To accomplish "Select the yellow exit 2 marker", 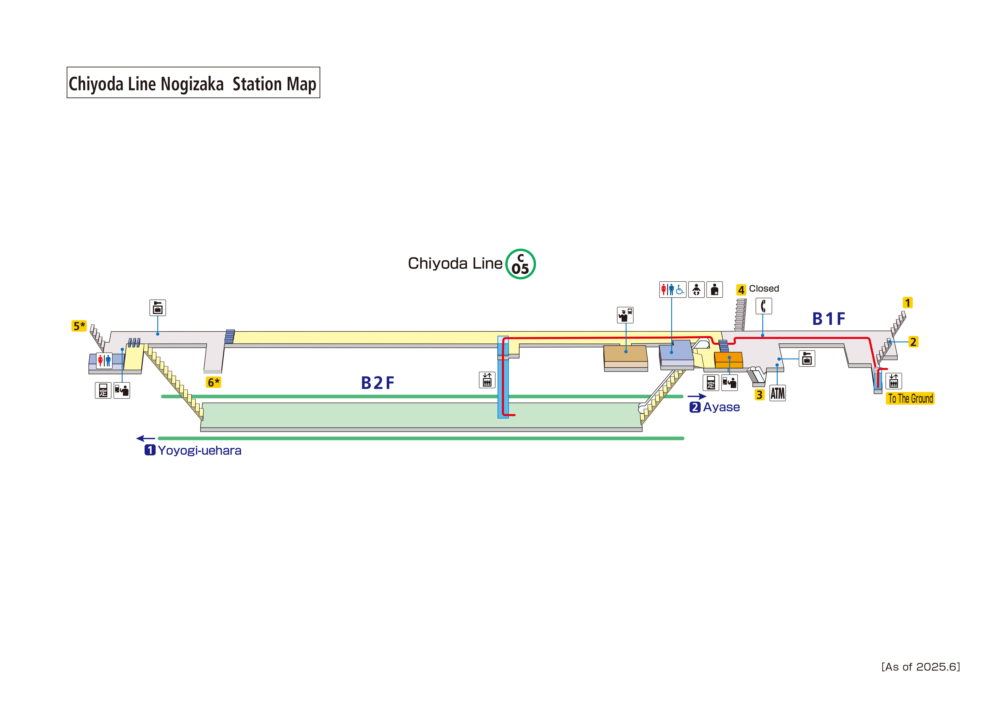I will [913, 342].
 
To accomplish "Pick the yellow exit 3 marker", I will [759, 395].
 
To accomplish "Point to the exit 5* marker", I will [79, 326].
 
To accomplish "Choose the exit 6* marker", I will [213, 382].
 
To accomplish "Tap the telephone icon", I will [764, 306].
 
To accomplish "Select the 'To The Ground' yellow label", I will [910, 398].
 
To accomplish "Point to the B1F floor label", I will [829, 319].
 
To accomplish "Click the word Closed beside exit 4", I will [764, 288].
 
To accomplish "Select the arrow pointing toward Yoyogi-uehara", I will [146, 439].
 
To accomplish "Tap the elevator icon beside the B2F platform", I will [487, 380].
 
